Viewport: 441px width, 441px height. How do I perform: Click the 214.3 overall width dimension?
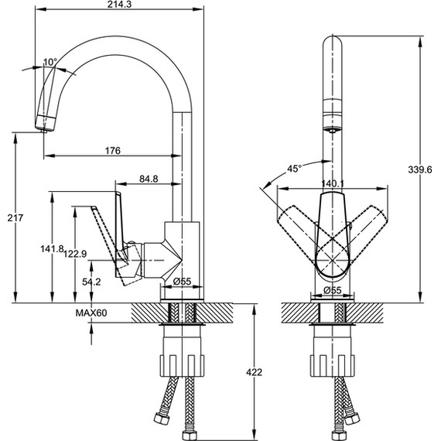[119, 5]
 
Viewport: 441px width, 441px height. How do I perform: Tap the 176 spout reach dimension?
[113, 151]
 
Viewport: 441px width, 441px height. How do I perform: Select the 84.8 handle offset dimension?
[149, 179]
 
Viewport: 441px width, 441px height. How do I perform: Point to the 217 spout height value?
[15, 217]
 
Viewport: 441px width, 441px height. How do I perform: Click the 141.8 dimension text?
[52, 248]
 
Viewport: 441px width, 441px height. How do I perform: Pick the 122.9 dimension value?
[75, 254]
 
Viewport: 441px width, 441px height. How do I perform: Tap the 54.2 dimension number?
[91, 282]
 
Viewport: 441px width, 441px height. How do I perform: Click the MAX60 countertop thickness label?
[91, 313]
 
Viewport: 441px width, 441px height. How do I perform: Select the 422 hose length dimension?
[254, 372]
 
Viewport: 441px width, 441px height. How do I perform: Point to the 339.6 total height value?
[419, 169]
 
